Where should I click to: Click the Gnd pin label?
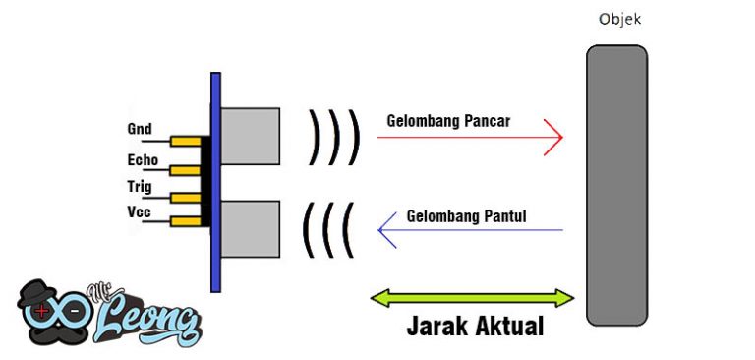(x=139, y=129)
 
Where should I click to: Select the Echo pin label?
(x=143, y=158)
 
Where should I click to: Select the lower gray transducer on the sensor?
(x=250, y=227)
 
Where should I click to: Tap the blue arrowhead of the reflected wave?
(x=384, y=230)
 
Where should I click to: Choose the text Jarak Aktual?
(x=475, y=326)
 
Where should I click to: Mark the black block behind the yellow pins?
(x=205, y=181)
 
